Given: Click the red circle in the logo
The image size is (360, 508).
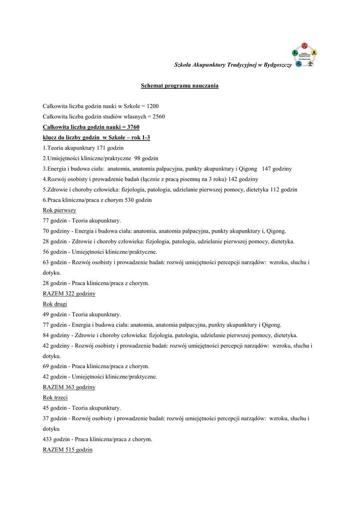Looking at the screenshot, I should (305, 46).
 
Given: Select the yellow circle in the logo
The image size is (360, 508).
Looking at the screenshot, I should (314, 52).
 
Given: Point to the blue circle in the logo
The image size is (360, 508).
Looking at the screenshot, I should (298, 64).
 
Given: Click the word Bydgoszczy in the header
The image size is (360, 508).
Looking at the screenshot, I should (278, 65).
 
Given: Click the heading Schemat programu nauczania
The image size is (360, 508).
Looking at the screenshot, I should (180, 86).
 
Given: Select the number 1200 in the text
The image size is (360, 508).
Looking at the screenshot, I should (153, 106).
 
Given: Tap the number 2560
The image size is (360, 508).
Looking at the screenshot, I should (159, 117).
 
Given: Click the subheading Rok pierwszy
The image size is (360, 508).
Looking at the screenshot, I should (56, 210).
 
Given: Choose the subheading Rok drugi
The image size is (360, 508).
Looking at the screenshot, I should (55, 304).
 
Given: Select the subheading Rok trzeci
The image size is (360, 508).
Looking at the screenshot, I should (55, 397).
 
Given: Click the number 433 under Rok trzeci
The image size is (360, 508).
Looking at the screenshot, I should (49, 439).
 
